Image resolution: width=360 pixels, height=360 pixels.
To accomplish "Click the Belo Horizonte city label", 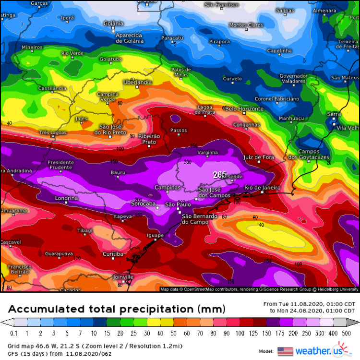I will coord(244,109).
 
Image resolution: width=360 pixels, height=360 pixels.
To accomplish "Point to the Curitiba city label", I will coord(113,253).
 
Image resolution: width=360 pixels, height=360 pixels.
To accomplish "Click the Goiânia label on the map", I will coord(113,23).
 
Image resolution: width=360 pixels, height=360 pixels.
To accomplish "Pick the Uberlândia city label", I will coord(137,83).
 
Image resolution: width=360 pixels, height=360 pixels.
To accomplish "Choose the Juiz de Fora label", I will coord(259,157).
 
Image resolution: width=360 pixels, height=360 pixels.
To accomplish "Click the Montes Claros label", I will coord(246,25).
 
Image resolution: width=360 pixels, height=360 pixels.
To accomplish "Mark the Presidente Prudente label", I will coord(61,165).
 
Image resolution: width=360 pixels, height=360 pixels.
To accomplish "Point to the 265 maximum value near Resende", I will coord(219,175).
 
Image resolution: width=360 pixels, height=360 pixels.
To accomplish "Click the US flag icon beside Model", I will coord(285,351).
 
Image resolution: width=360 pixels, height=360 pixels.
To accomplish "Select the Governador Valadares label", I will coord(293,79).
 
